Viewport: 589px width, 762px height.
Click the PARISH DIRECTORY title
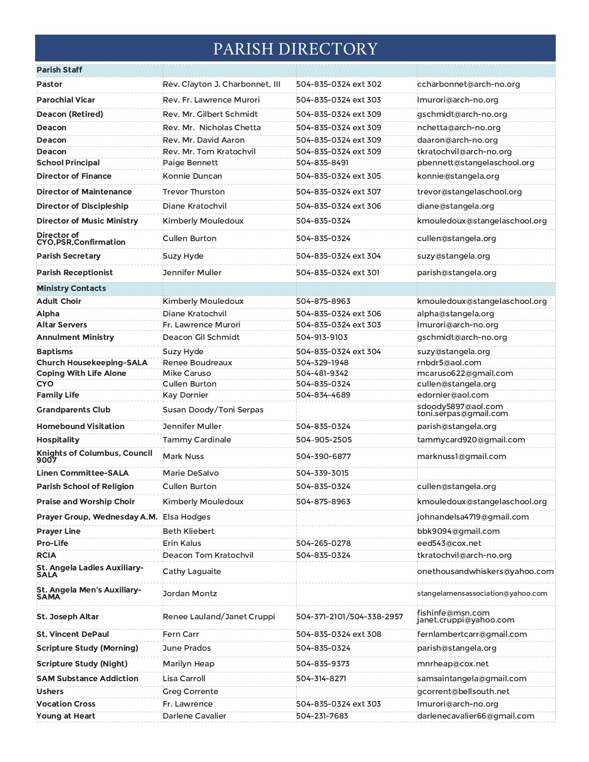click(295, 48)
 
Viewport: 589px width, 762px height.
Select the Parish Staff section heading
click(59, 70)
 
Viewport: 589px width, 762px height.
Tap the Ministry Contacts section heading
click(71, 288)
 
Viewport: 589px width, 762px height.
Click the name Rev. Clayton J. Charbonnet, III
click(221, 84)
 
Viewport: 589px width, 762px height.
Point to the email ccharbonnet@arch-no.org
click(468, 84)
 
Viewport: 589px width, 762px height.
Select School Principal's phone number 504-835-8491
click(322, 163)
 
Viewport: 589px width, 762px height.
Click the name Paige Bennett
click(190, 163)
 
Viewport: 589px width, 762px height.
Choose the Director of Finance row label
click(74, 176)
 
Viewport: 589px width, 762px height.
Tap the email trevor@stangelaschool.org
click(469, 192)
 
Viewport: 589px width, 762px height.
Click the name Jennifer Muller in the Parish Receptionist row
click(192, 272)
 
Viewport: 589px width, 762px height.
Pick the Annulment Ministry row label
click(75, 337)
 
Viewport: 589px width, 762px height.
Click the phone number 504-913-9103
click(322, 337)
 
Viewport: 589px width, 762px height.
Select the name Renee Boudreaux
click(197, 363)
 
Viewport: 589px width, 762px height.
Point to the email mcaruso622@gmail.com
click(465, 373)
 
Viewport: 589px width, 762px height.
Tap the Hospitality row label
click(58, 440)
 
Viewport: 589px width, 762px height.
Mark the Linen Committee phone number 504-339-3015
click(322, 473)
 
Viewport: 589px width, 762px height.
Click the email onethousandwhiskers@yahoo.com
click(485, 571)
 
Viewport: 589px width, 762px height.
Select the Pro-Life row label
click(52, 543)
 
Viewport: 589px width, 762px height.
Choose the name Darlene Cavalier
click(194, 716)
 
